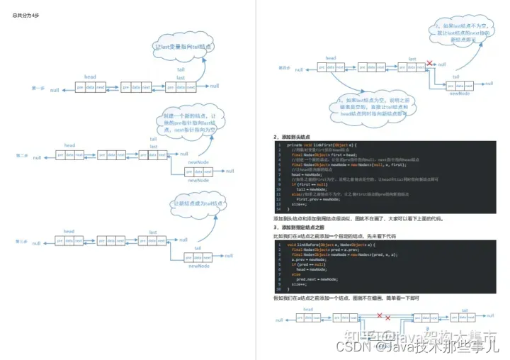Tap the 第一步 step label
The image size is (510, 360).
(38, 88)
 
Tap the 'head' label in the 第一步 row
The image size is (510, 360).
(90, 77)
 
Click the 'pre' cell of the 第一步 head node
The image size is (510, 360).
(80, 88)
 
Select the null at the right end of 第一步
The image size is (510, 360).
(214, 86)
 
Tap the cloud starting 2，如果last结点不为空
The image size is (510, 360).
(458, 32)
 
